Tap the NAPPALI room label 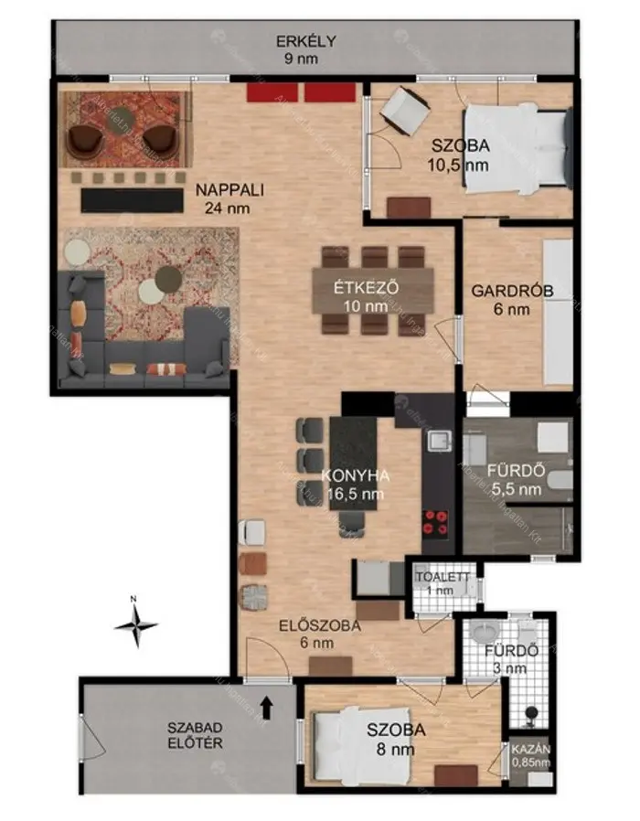[229, 189]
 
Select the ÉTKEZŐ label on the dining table [367, 287]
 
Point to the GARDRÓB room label [512, 291]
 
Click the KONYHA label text [355, 475]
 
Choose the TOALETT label [443, 577]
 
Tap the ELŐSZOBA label [319, 625]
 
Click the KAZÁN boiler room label [530, 750]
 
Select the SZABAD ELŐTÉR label [195, 735]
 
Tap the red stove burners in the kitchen [435, 524]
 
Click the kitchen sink [440, 441]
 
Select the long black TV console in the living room [132, 200]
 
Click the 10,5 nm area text [458, 165]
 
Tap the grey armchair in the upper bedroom [405, 111]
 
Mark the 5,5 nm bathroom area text [517, 489]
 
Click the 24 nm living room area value [228, 208]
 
